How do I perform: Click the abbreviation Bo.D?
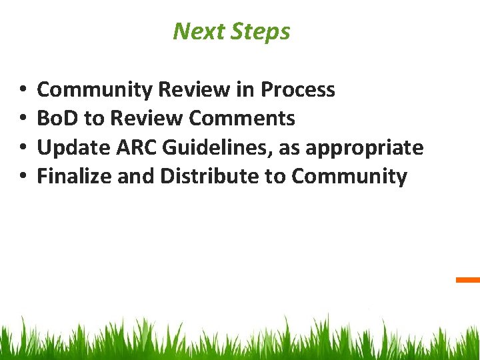(x=57, y=119)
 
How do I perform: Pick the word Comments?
(x=242, y=119)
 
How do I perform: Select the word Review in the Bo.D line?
(x=147, y=119)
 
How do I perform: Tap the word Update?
(x=67, y=147)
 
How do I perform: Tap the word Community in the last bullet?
(x=349, y=177)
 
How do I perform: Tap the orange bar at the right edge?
(x=468, y=280)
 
